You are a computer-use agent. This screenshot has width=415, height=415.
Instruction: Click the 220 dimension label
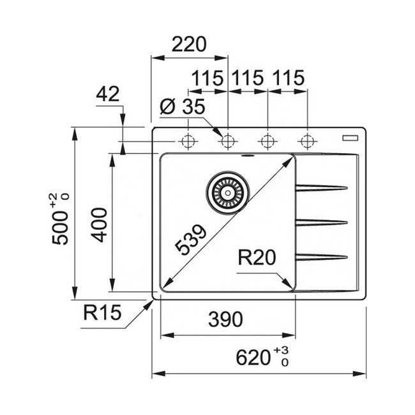pyautogui.click(x=189, y=45)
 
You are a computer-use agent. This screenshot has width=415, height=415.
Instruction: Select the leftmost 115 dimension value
pyautogui.click(x=207, y=79)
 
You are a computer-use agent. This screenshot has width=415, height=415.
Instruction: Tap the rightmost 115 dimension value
pyautogui.click(x=287, y=79)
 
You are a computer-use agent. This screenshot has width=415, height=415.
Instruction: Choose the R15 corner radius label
pyautogui.click(x=102, y=313)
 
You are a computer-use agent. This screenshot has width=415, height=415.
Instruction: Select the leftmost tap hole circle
pyautogui.click(x=188, y=140)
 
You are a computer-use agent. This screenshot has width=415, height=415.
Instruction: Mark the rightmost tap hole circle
pyautogui.click(x=308, y=140)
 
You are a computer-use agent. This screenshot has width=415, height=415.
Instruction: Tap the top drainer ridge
pyautogui.click(x=321, y=188)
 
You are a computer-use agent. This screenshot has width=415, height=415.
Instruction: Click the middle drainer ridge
pyautogui.click(x=321, y=222)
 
